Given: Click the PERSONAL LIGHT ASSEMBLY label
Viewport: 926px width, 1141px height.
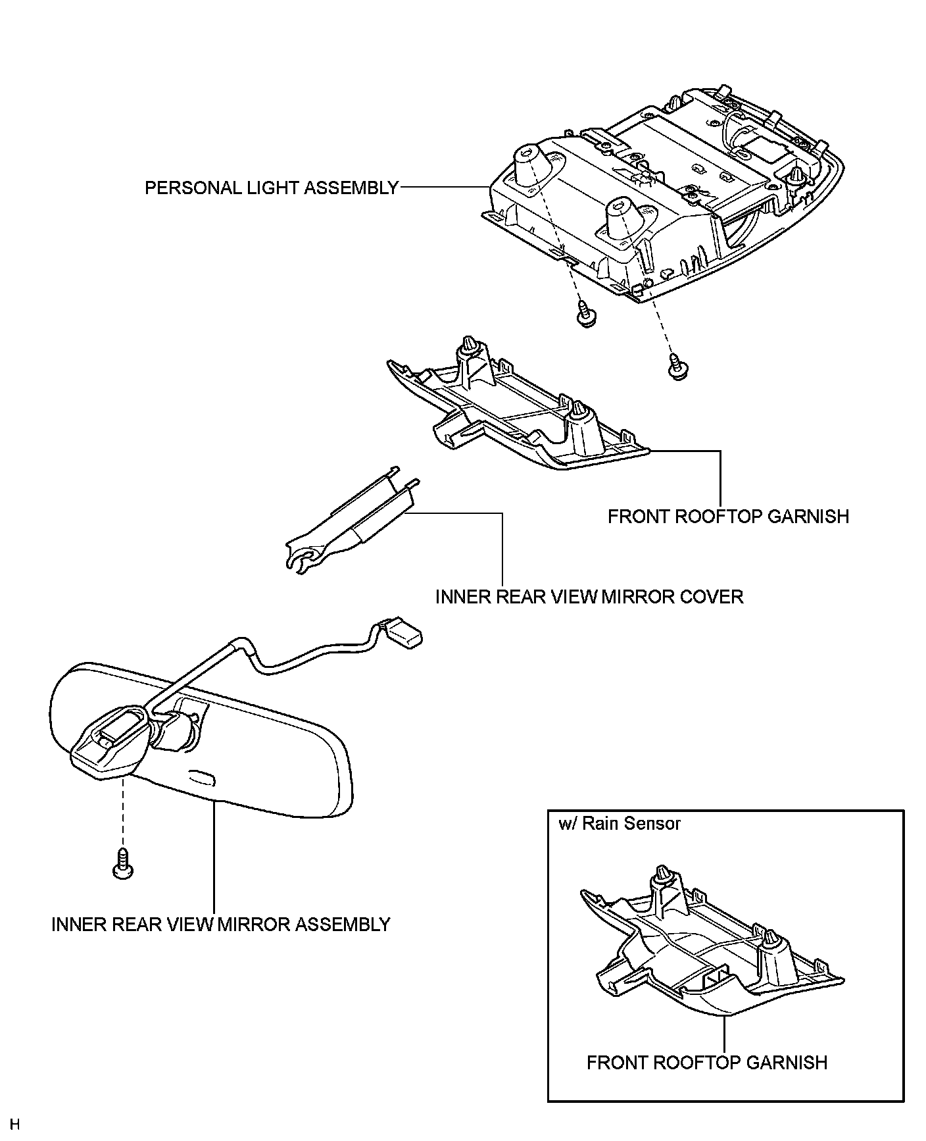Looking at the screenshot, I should click(x=271, y=188).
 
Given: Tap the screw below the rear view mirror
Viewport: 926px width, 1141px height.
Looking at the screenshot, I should click(x=123, y=863).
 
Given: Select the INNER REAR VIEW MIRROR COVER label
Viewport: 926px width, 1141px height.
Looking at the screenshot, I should click(x=589, y=597).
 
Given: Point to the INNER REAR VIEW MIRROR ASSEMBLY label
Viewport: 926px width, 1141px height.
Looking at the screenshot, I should click(x=221, y=925).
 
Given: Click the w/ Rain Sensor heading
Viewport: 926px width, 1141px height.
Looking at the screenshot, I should click(x=619, y=823).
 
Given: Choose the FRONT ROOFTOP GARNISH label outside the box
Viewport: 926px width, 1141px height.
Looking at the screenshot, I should click(x=728, y=517).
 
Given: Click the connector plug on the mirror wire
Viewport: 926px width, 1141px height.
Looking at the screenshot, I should click(x=402, y=634).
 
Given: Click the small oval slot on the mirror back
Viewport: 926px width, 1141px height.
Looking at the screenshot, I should click(x=202, y=779).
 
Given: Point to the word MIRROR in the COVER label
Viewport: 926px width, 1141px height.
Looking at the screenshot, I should click(x=637, y=597).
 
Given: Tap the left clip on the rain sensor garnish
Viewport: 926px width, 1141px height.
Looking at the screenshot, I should click(x=660, y=876).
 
